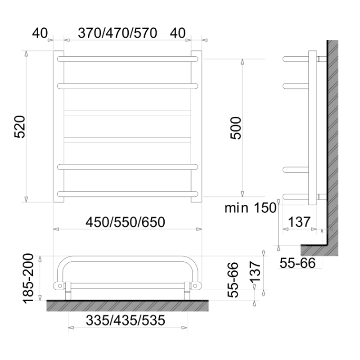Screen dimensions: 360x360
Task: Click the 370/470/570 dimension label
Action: (117, 33)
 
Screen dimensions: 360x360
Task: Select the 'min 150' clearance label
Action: (250, 208)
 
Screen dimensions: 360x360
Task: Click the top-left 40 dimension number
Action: (40, 33)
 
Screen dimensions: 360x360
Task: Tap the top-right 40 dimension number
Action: (178, 33)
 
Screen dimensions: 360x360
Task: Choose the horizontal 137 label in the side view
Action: (299, 222)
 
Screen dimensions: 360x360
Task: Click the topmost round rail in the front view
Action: (127, 58)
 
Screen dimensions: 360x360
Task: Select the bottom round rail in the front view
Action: (127, 194)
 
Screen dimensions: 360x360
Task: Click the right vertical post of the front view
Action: (197, 126)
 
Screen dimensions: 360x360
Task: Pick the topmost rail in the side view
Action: (295, 58)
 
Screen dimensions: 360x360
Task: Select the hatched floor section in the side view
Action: (315, 249)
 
